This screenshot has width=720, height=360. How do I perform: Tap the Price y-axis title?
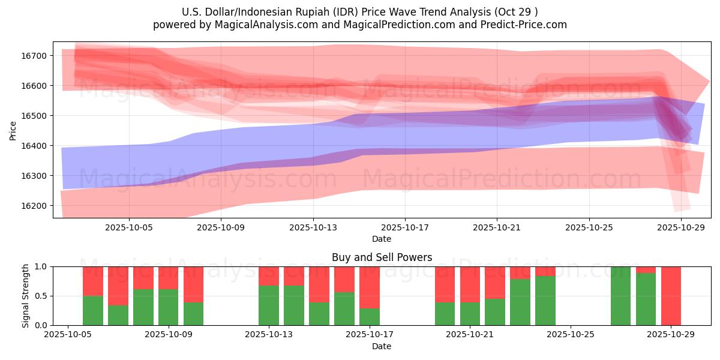pyautogui.click(x=13, y=130)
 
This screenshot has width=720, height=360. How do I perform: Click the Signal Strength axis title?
pyautogui.click(x=26, y=296)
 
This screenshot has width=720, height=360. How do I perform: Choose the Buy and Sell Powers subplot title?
pyautogui.click(x=382, y=257)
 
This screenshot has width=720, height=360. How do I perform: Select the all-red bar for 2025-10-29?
pyautogui.click(x=671, y=296)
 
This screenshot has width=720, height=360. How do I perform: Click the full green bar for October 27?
pyautogui.click(x=620, y=296)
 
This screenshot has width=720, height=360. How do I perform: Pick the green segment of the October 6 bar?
pyautogui.click(x=93, y=310)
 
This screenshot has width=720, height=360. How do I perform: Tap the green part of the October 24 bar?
pyautogui.click(x=545, y=301)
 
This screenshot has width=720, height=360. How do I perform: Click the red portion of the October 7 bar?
pyautogui.click(x=118, y=286)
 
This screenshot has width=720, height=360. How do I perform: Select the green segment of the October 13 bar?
pyautogui.click(x=269, y=305)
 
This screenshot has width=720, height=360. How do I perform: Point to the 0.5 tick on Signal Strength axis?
pyautogui.click(x=42, y=296)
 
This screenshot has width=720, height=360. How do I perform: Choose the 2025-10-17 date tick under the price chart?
pyautogui.click(x=405, y=227)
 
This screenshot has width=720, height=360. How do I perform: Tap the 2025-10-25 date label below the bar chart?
pyautogui.click(x=571, y=335)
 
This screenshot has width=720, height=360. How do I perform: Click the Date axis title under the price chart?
pyautogui.click(x=382, y=239)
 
